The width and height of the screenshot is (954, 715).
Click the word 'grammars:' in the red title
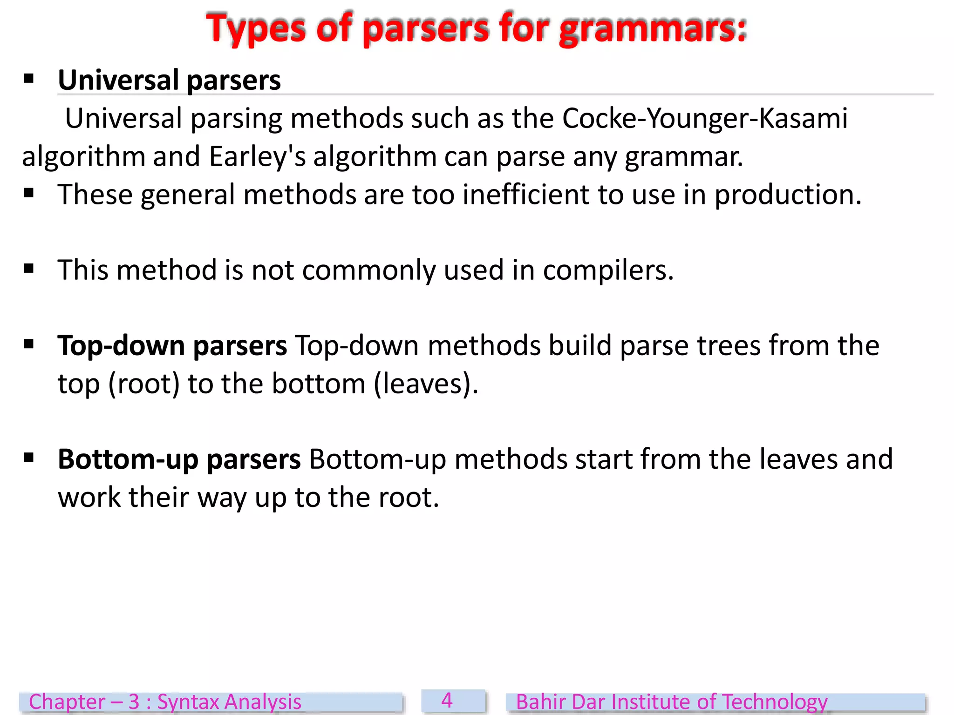(652, 29)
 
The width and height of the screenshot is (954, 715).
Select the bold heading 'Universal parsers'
(169, 80)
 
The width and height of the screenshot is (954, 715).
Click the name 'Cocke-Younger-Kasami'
(705, 118)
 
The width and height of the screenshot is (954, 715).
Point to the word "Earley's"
(257, 156)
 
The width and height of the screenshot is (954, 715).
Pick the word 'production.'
(788, 195)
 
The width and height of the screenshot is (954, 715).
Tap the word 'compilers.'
(608, 270)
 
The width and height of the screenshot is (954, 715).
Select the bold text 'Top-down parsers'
(172, 346)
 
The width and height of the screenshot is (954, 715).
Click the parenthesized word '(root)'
(144, 384)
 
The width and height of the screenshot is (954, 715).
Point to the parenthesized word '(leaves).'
(426, 384)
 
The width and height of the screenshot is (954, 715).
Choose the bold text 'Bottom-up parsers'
(179, 459)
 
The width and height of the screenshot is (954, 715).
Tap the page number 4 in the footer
(447, 701)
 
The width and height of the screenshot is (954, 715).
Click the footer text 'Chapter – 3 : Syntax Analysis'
(165, 702)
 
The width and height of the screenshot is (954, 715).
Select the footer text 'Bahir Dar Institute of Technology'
(671, 702)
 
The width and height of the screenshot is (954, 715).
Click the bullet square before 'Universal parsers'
(29, 79)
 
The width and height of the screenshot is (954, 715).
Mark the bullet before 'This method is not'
(29, 269)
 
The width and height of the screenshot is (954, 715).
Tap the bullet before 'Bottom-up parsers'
(29, 458)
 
